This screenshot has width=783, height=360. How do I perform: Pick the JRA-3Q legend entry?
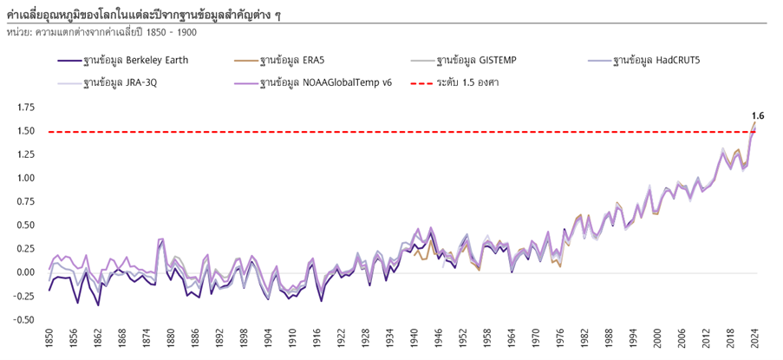[121, 84]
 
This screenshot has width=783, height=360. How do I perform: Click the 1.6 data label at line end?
[757, 115]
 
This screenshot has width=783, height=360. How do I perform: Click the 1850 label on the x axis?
[49, 337]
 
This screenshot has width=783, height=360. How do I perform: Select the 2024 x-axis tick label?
[755, 337]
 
